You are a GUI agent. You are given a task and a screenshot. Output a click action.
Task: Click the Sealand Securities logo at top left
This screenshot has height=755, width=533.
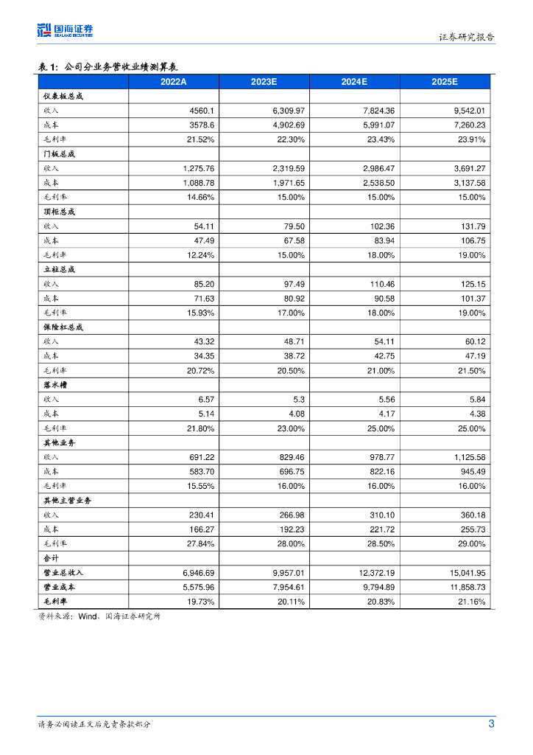tap(65, 30)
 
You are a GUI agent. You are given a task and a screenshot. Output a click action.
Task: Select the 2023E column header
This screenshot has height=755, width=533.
tap(264, 82)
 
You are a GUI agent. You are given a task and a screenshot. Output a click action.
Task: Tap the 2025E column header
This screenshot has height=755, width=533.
tap(445, 82)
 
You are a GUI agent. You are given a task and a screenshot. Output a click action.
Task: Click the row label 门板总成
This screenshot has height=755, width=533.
tap(60, 154)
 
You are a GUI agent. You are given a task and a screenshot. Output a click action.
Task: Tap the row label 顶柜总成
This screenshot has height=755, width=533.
tap(60, 212)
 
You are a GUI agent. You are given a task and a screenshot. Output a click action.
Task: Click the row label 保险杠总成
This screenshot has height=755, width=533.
tap(63, 327)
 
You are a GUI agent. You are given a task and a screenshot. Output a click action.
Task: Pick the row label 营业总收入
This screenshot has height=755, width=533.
tap(63, 573)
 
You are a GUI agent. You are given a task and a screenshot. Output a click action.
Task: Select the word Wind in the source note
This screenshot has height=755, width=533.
tap(88, 616)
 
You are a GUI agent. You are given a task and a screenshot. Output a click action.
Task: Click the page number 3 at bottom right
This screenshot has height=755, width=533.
tap(492, 724)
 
